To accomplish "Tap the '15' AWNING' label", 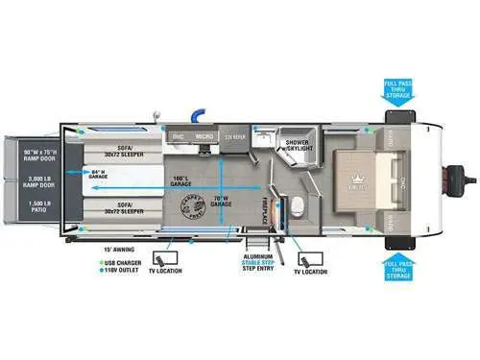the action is (x=119, y=248).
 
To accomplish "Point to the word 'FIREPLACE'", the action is (x=262, y=204).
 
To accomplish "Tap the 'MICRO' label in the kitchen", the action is (x=204, y=137).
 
